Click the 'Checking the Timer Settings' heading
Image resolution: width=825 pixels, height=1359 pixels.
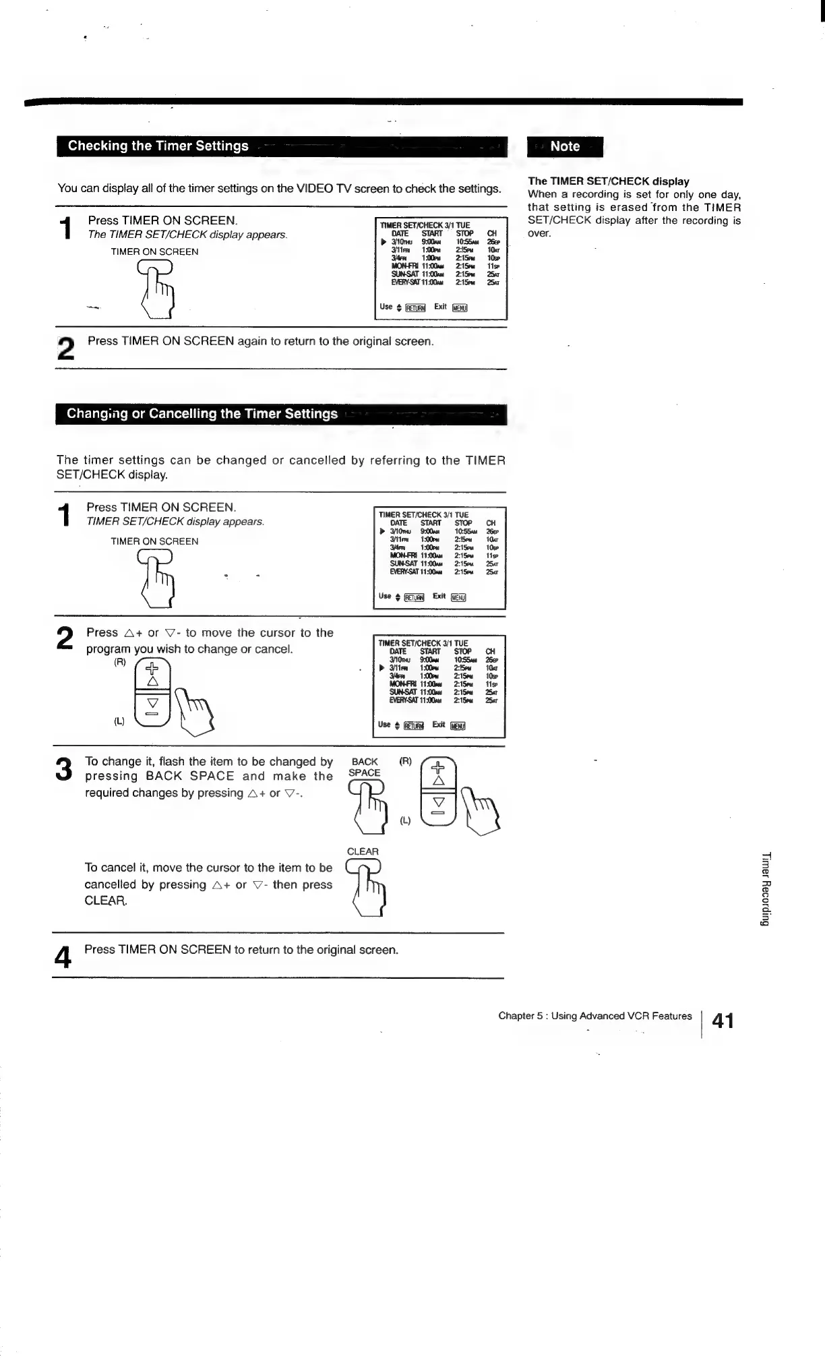(x=158, y=146)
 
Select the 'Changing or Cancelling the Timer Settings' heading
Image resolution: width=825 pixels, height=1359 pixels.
(x=202, y=414)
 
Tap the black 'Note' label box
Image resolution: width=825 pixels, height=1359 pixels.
(x=565, y=146)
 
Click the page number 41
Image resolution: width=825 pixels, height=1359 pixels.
(x=723, y=1021)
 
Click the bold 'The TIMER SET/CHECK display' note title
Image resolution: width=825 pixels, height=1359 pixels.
(x=609, y=181)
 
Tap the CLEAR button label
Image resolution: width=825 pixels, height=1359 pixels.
(x=363, y=851)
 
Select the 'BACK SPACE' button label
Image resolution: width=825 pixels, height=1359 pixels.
(x=365, y=767)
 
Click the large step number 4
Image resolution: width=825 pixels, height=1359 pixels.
(x=63, y=957)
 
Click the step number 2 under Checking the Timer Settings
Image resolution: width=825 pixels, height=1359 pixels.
(x=65, y=349)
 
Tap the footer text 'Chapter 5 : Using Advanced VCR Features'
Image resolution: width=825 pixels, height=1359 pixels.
(x=594, y=1016)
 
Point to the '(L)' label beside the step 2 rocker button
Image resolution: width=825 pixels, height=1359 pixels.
(x=119, y=721)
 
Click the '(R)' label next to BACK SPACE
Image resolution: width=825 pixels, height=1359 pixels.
(x=405, y=761)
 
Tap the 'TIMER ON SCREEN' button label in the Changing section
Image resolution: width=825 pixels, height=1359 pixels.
(x=154, y=541)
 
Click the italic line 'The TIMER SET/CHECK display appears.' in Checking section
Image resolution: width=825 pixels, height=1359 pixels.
(x=187, y=235)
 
